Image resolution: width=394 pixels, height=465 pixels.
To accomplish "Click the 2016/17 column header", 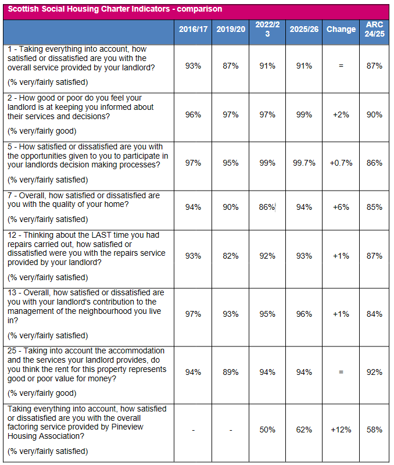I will tap(193, 29).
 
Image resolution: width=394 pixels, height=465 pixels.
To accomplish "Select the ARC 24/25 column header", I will tap(374, 29).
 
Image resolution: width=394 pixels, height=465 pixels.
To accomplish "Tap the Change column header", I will tap(341, 29).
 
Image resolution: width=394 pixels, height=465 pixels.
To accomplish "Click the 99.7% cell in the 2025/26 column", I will tap(305, 163).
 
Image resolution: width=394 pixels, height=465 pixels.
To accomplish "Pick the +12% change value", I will tap(341, 430).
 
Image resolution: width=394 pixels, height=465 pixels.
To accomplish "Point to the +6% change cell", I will tap(341, 207).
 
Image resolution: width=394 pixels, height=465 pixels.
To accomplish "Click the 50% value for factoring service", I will tap(267, 430).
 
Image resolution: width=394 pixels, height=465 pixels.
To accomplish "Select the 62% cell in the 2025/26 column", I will tap(305, 430).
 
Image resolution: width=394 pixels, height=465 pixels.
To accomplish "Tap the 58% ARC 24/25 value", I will tap(374, 430).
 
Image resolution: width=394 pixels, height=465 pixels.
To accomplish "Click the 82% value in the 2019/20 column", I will tap(231, 256).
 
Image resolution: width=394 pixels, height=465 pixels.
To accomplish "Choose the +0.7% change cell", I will tap(341, 163).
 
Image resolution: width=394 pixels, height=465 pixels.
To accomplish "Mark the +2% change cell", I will tap(341, 115).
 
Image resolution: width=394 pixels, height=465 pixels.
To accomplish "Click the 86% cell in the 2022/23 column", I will tap(267, 207).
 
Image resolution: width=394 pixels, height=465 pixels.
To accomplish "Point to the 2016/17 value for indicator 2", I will tap(193, 115).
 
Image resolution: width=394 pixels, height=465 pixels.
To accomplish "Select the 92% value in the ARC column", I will tap(374, 372).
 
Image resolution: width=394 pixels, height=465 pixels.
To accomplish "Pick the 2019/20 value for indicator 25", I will tap(231, 372).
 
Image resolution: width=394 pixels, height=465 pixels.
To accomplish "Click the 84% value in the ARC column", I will tap(374, 314).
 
